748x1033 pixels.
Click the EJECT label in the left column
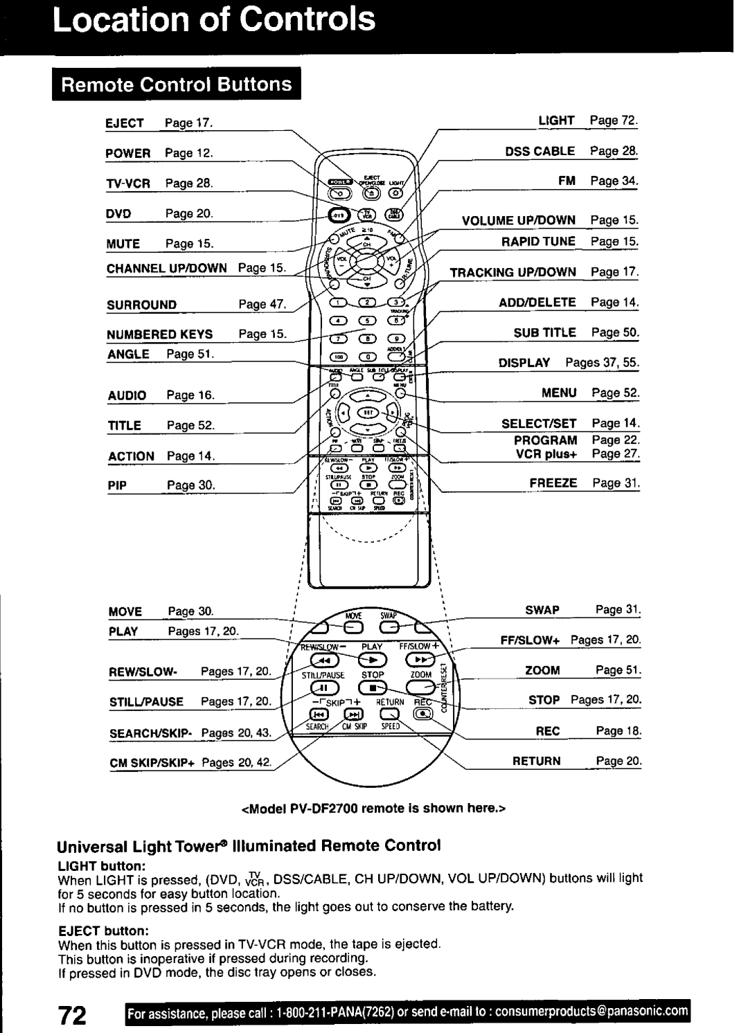125,123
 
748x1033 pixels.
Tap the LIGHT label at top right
557,120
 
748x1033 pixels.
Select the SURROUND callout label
141,305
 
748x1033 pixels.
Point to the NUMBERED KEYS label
159,334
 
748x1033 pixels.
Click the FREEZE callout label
554,483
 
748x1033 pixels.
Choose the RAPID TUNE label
539,242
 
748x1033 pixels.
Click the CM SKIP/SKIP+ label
149,763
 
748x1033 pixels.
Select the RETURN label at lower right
536,761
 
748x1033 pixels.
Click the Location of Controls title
216,20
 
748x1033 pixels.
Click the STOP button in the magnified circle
373,688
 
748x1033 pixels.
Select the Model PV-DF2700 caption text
374,808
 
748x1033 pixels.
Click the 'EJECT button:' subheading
92,931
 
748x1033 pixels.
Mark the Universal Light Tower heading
249,846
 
